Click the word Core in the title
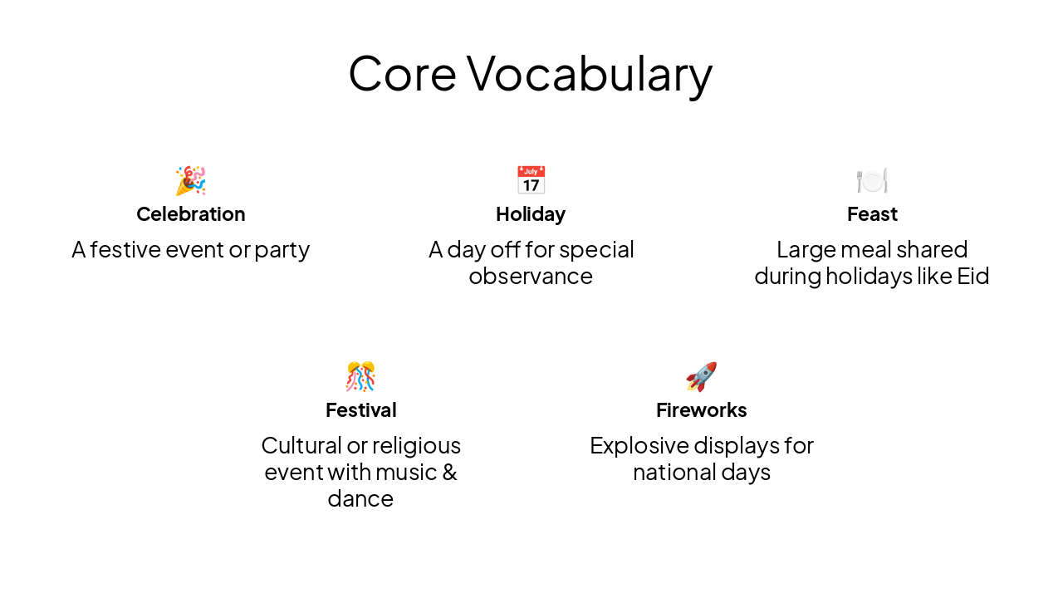[402, 73]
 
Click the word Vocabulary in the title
[590, 73]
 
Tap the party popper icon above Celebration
[190, 180]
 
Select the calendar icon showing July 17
[531, 180]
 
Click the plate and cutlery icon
[872, 180]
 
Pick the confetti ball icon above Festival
[360, 376]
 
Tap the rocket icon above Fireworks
[701, 376]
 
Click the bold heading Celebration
[190, 214]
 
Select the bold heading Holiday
[531, 214]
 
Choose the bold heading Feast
[872, 214]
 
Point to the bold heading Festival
[360, 410]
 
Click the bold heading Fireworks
[701, 410]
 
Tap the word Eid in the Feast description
[973, 276]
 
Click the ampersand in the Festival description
[448, 472]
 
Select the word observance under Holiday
[531, 276]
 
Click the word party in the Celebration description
[282, 250]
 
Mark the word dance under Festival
[360, 498]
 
